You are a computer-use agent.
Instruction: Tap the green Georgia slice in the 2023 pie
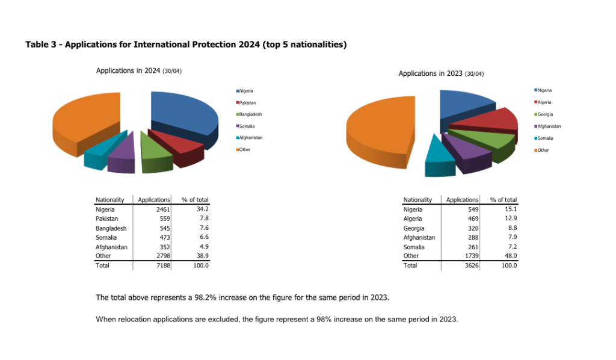coord(481,139)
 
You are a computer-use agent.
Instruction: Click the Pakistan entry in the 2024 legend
coord(247,103)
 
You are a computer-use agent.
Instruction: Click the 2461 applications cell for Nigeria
coord(162,209)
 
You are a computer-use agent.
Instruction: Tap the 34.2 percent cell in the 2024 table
coord(202,209)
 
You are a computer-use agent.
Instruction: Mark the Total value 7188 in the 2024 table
coord(162,265)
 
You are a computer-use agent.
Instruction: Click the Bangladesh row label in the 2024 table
coord(111,229)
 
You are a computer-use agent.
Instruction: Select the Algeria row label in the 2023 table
coord(413,219)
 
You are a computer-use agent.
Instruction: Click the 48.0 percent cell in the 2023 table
coord(509,256)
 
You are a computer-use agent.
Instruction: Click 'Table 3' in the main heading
coord(41,45)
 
